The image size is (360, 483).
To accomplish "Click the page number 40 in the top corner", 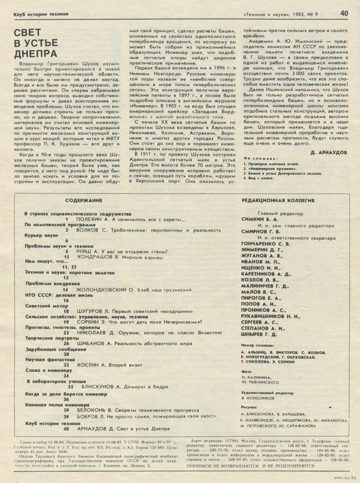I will tap(344, 13).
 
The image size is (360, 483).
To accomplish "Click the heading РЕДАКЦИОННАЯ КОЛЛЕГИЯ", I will tap(278, 200).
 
